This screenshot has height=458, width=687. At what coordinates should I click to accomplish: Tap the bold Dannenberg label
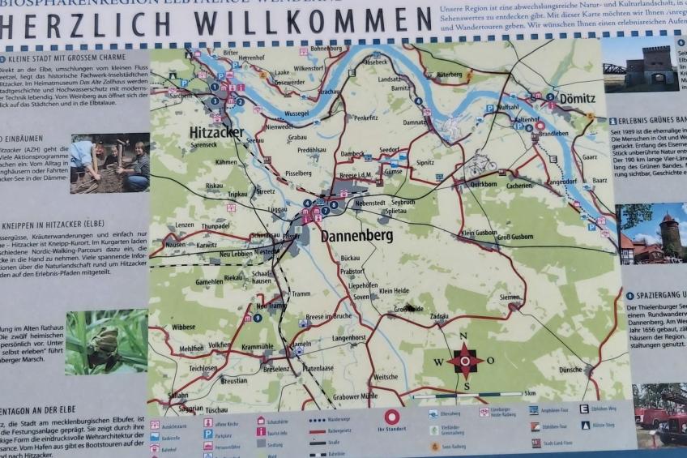pos(356,236)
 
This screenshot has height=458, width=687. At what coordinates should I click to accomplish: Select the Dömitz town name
pos(576,98)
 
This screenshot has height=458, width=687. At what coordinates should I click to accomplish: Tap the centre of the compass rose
pos(465,360)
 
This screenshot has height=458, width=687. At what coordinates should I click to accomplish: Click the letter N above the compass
pos(463,336)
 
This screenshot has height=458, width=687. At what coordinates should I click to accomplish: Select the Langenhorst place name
pos(349,337)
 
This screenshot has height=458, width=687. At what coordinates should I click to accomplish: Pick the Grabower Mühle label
pos(355,396)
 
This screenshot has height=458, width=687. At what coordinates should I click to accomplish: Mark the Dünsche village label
pos(570,370)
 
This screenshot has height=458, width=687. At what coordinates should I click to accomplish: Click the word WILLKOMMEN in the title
pos(300,19)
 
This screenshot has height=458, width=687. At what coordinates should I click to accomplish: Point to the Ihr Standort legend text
pos(391,430)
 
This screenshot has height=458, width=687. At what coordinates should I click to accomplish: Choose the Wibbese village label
pos(183,327)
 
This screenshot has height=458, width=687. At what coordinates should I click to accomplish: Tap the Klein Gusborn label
pos(478,233)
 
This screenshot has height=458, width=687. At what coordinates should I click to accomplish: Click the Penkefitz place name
pos(365,118)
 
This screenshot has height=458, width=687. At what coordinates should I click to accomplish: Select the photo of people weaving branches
pos(109,162)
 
